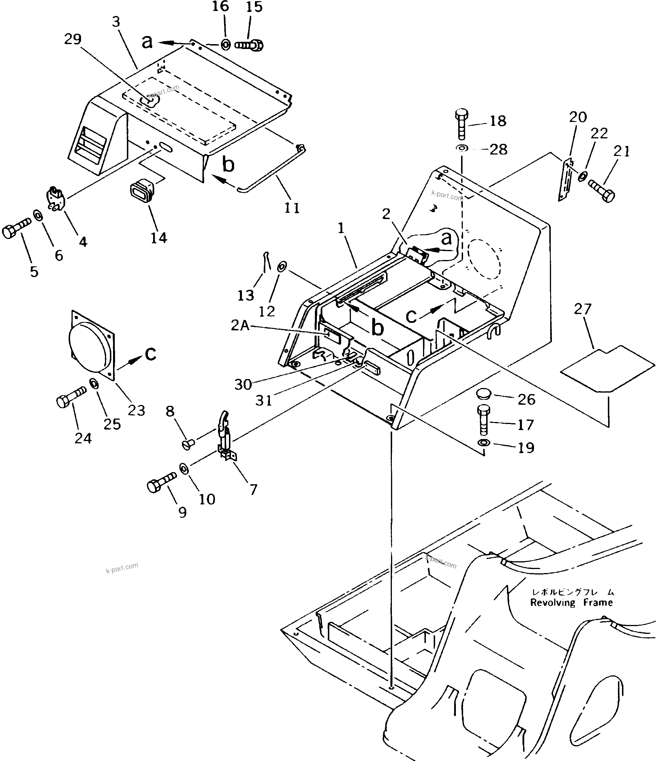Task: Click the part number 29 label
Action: click(x=73, y=39)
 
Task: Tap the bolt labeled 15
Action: click(x=249, y=46)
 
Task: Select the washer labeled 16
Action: click(x=225, y=45)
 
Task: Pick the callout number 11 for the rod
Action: click(x=292, y=208)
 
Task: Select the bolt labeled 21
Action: click(x=601, y=190)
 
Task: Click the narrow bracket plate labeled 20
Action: click(x=566, y=179)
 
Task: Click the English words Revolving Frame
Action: click(x=571, y=603)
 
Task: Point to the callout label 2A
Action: click(x=240, y=325)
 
